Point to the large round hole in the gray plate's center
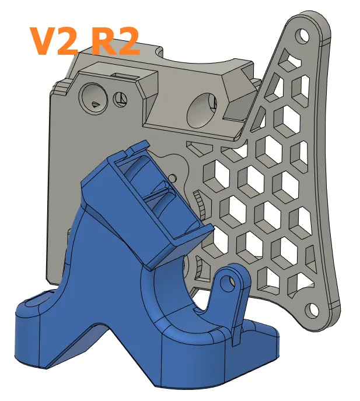tap(204, 108)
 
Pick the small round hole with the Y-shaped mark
tap(121, 99)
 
